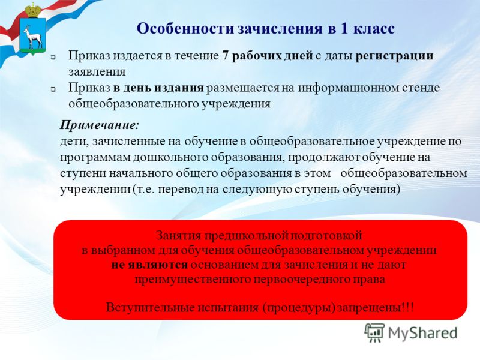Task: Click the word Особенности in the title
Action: coord(186,28)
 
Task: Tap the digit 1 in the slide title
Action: coord(344,28)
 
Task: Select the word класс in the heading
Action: coord(374,29)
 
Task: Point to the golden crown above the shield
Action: coord(33,11)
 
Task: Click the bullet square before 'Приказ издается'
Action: coord(53,57)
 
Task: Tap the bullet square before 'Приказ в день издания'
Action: coord(53,89)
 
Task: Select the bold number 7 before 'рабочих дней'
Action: coord(226,56)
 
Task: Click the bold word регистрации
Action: coord(394,56)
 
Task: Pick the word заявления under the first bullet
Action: coord(97,72)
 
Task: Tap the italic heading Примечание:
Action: coord(100,125)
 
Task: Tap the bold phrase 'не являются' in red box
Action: coord(149,265)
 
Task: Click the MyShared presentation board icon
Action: coord(374,332)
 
